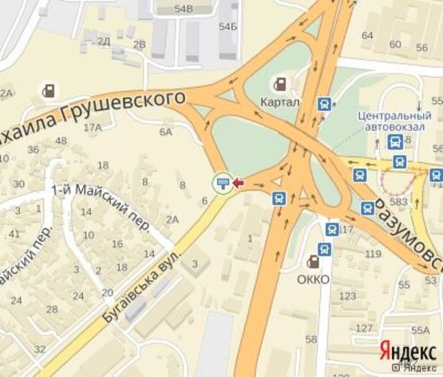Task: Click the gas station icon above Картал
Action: [x=281, y=83]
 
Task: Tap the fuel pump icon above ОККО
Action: [x=317, y=261]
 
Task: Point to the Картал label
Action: [x=280, y=102]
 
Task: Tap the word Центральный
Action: [x=389, y=115]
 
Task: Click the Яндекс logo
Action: [x=406, y=351]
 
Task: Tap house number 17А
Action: [x=93, y=127]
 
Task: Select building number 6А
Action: [x=166, y=132]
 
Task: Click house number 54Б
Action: [x=228, y=27]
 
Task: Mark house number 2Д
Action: [x=103, y=40]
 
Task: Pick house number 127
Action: [x=363, y=328]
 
